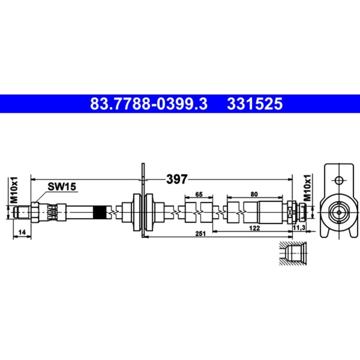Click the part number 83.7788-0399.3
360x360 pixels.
coord(149,104)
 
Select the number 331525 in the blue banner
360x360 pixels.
coord(255,104)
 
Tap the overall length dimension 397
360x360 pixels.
coord(176,179)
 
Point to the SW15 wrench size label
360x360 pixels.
coord(62,186)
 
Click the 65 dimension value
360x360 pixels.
coord(199,194)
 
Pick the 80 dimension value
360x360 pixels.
coord(254,194)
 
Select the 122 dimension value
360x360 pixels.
coord(254,228)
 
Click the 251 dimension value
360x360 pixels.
coord(200,234)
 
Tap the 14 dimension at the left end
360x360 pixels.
coord(22,232)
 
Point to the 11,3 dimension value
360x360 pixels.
coord(299,227)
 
